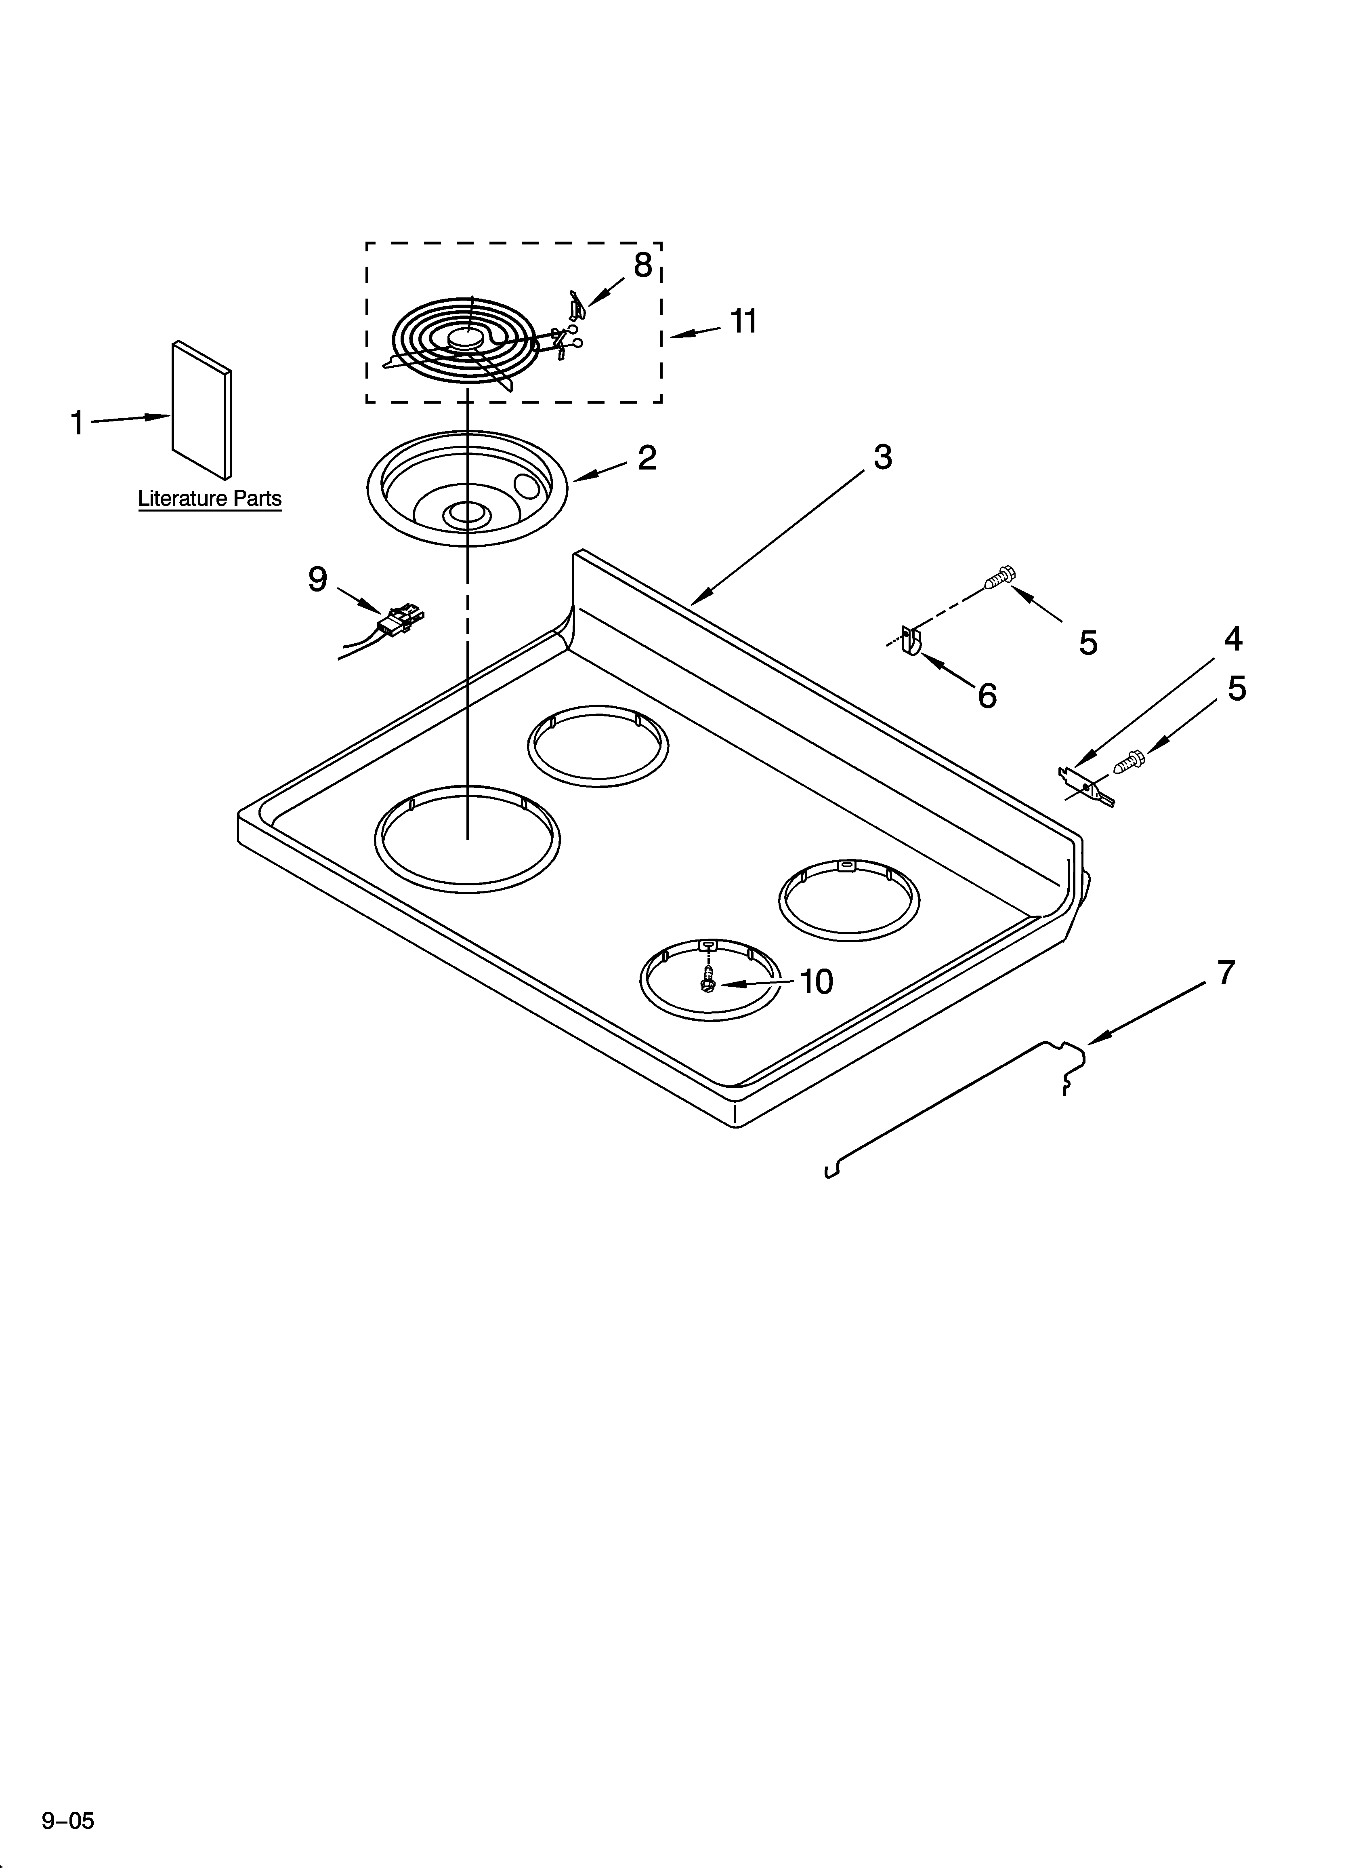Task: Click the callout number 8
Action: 642,265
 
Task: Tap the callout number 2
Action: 647,458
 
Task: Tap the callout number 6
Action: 987,696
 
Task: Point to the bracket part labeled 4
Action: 1084,785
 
